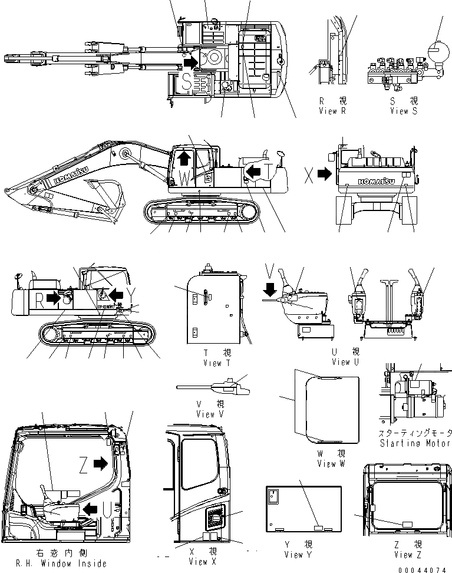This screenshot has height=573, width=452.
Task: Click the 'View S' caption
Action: point(403,111)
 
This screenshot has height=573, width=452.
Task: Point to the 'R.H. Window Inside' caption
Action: point(54,564)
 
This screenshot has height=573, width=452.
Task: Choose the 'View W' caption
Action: point(334,463)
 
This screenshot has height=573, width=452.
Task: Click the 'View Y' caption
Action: point(301,554)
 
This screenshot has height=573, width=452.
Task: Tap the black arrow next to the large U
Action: point(90,508)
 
